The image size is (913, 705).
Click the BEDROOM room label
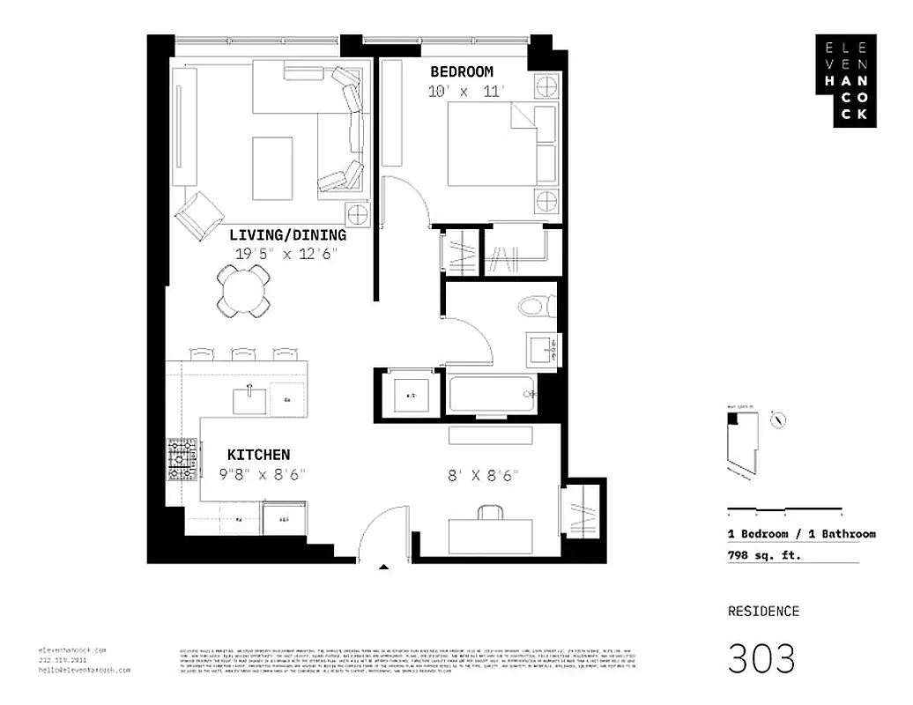tap(461, 71)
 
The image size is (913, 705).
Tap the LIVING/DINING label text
tap(287, 235)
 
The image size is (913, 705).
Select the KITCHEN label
tap(258, 455)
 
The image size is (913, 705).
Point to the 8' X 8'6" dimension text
tap(482, 476)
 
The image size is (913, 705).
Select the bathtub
tap(492, 395)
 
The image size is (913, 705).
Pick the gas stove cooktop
tap(182, 461)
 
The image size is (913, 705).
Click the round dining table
tap(243, 291)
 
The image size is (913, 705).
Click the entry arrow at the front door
tap(382, 568)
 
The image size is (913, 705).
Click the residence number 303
tap(761, 658)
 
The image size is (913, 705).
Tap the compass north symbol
tap(778, 419)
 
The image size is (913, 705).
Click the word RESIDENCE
tap(763, 611)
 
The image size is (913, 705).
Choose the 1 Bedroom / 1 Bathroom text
tap(801, 534)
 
